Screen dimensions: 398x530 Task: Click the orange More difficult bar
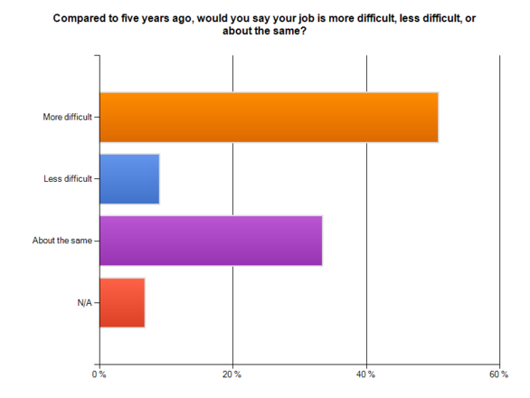tap(269, 118)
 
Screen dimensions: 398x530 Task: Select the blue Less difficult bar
tap(129, 179)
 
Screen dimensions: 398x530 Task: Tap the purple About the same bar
tap(211, 241)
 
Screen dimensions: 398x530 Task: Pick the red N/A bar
tap(122, 302)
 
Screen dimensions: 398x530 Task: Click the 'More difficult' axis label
tap(68, 118)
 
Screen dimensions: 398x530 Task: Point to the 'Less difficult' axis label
tap(68, 179)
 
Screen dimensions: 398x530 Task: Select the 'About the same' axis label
tap(66, 241)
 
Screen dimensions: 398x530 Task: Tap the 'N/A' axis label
tap(84, 302)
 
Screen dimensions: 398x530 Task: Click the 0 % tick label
tap(99, 374)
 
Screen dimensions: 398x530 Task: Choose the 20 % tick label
tap(232, 374)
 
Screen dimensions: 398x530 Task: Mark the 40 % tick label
tap(366, 374)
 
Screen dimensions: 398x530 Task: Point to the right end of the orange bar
tap(438, 118)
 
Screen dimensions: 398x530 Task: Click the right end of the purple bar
tap(321, 241)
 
